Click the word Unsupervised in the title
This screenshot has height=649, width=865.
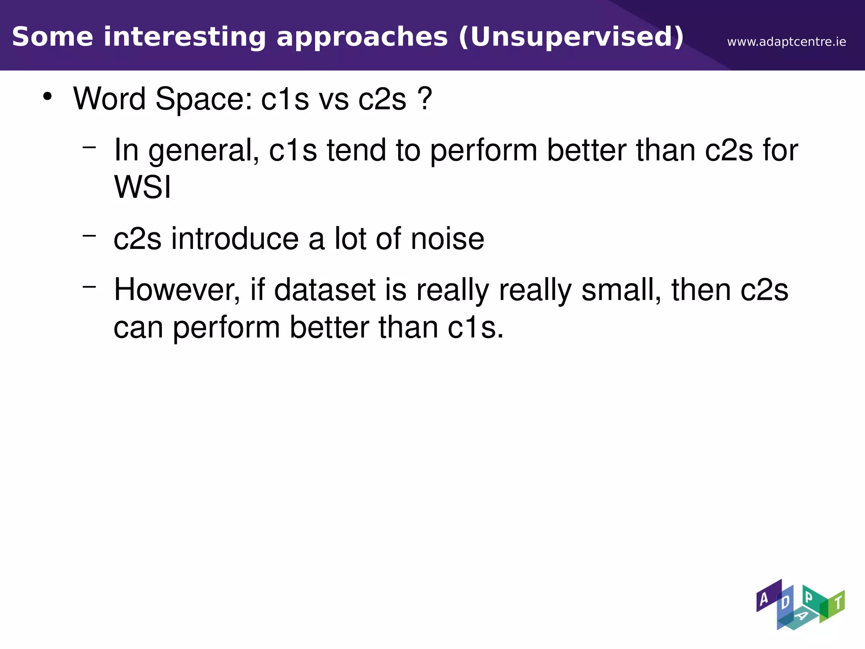click(577, 37)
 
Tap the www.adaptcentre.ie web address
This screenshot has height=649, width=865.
click(786, 42)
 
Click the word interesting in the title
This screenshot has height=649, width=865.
click(185, 37)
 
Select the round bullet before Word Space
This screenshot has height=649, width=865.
click(47, 96)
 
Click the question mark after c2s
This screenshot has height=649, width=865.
click(424, 98)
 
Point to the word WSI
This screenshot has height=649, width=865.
click(142, 187)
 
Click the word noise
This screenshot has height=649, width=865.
click(447, 239)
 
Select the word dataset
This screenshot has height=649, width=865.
click(325, 290)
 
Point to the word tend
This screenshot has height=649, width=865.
click(356, 150)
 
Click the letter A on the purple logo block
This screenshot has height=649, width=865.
click(764, 599)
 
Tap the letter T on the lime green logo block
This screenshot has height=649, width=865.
click(838, 603)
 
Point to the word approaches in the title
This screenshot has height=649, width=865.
click(362, 37)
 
